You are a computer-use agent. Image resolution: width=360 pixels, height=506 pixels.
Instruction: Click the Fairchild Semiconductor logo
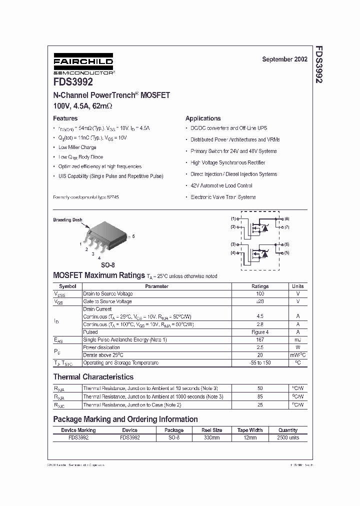83,65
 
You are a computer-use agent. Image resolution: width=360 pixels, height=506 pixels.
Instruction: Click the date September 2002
284,59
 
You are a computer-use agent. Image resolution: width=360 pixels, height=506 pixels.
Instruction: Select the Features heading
65,118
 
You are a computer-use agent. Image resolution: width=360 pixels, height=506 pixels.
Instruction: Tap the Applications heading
203,118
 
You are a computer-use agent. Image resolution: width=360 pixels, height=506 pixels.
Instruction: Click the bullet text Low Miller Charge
77,147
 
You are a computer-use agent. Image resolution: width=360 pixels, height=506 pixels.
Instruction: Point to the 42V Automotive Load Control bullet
221,185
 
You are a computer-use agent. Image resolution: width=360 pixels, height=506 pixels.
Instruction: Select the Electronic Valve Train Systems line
223,197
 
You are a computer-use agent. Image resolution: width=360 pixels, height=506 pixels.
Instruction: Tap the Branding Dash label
67,219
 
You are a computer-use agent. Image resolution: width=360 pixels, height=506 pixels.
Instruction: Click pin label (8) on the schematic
286,219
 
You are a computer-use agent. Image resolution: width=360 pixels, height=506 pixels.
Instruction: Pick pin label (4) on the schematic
233,252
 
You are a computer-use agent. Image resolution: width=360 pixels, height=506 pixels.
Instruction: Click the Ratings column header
259,286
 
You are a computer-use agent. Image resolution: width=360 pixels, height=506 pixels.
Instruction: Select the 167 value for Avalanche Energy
259,339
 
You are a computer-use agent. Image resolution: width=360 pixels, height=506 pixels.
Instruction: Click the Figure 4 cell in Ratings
259,332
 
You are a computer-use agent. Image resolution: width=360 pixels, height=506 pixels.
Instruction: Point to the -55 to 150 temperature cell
259,362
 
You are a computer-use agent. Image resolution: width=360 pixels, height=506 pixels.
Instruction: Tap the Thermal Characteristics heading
93,377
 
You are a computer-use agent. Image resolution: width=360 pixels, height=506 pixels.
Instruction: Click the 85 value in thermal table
259,396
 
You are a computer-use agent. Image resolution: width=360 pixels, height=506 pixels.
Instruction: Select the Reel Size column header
211,430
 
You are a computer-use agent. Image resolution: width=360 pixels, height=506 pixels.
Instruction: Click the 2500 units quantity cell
287,437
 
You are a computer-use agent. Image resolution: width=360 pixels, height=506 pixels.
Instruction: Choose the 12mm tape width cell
249,437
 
